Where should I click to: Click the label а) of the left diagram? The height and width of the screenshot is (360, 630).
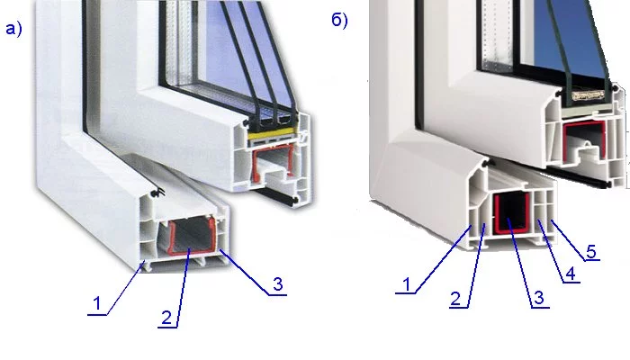[13, 30]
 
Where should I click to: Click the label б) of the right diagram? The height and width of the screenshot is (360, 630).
[339, 20]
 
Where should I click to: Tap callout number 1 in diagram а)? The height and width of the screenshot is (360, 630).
[97, 303]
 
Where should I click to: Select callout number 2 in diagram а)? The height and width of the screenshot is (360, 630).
[166, 318]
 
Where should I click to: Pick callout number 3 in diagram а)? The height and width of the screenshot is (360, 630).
[278, 284]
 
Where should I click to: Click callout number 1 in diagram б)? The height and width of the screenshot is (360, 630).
[407, 284]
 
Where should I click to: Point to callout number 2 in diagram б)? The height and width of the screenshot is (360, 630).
[455, 299]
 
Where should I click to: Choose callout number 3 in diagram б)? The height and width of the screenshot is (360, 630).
[539, 298]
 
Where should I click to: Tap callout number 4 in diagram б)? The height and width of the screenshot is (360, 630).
[571, 274]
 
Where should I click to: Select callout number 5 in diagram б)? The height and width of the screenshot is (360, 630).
[591, 252]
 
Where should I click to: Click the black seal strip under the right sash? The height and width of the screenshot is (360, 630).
[579, 176]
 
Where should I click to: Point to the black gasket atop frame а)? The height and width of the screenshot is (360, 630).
[157, 193]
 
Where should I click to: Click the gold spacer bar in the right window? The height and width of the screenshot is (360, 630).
[588, 95]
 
